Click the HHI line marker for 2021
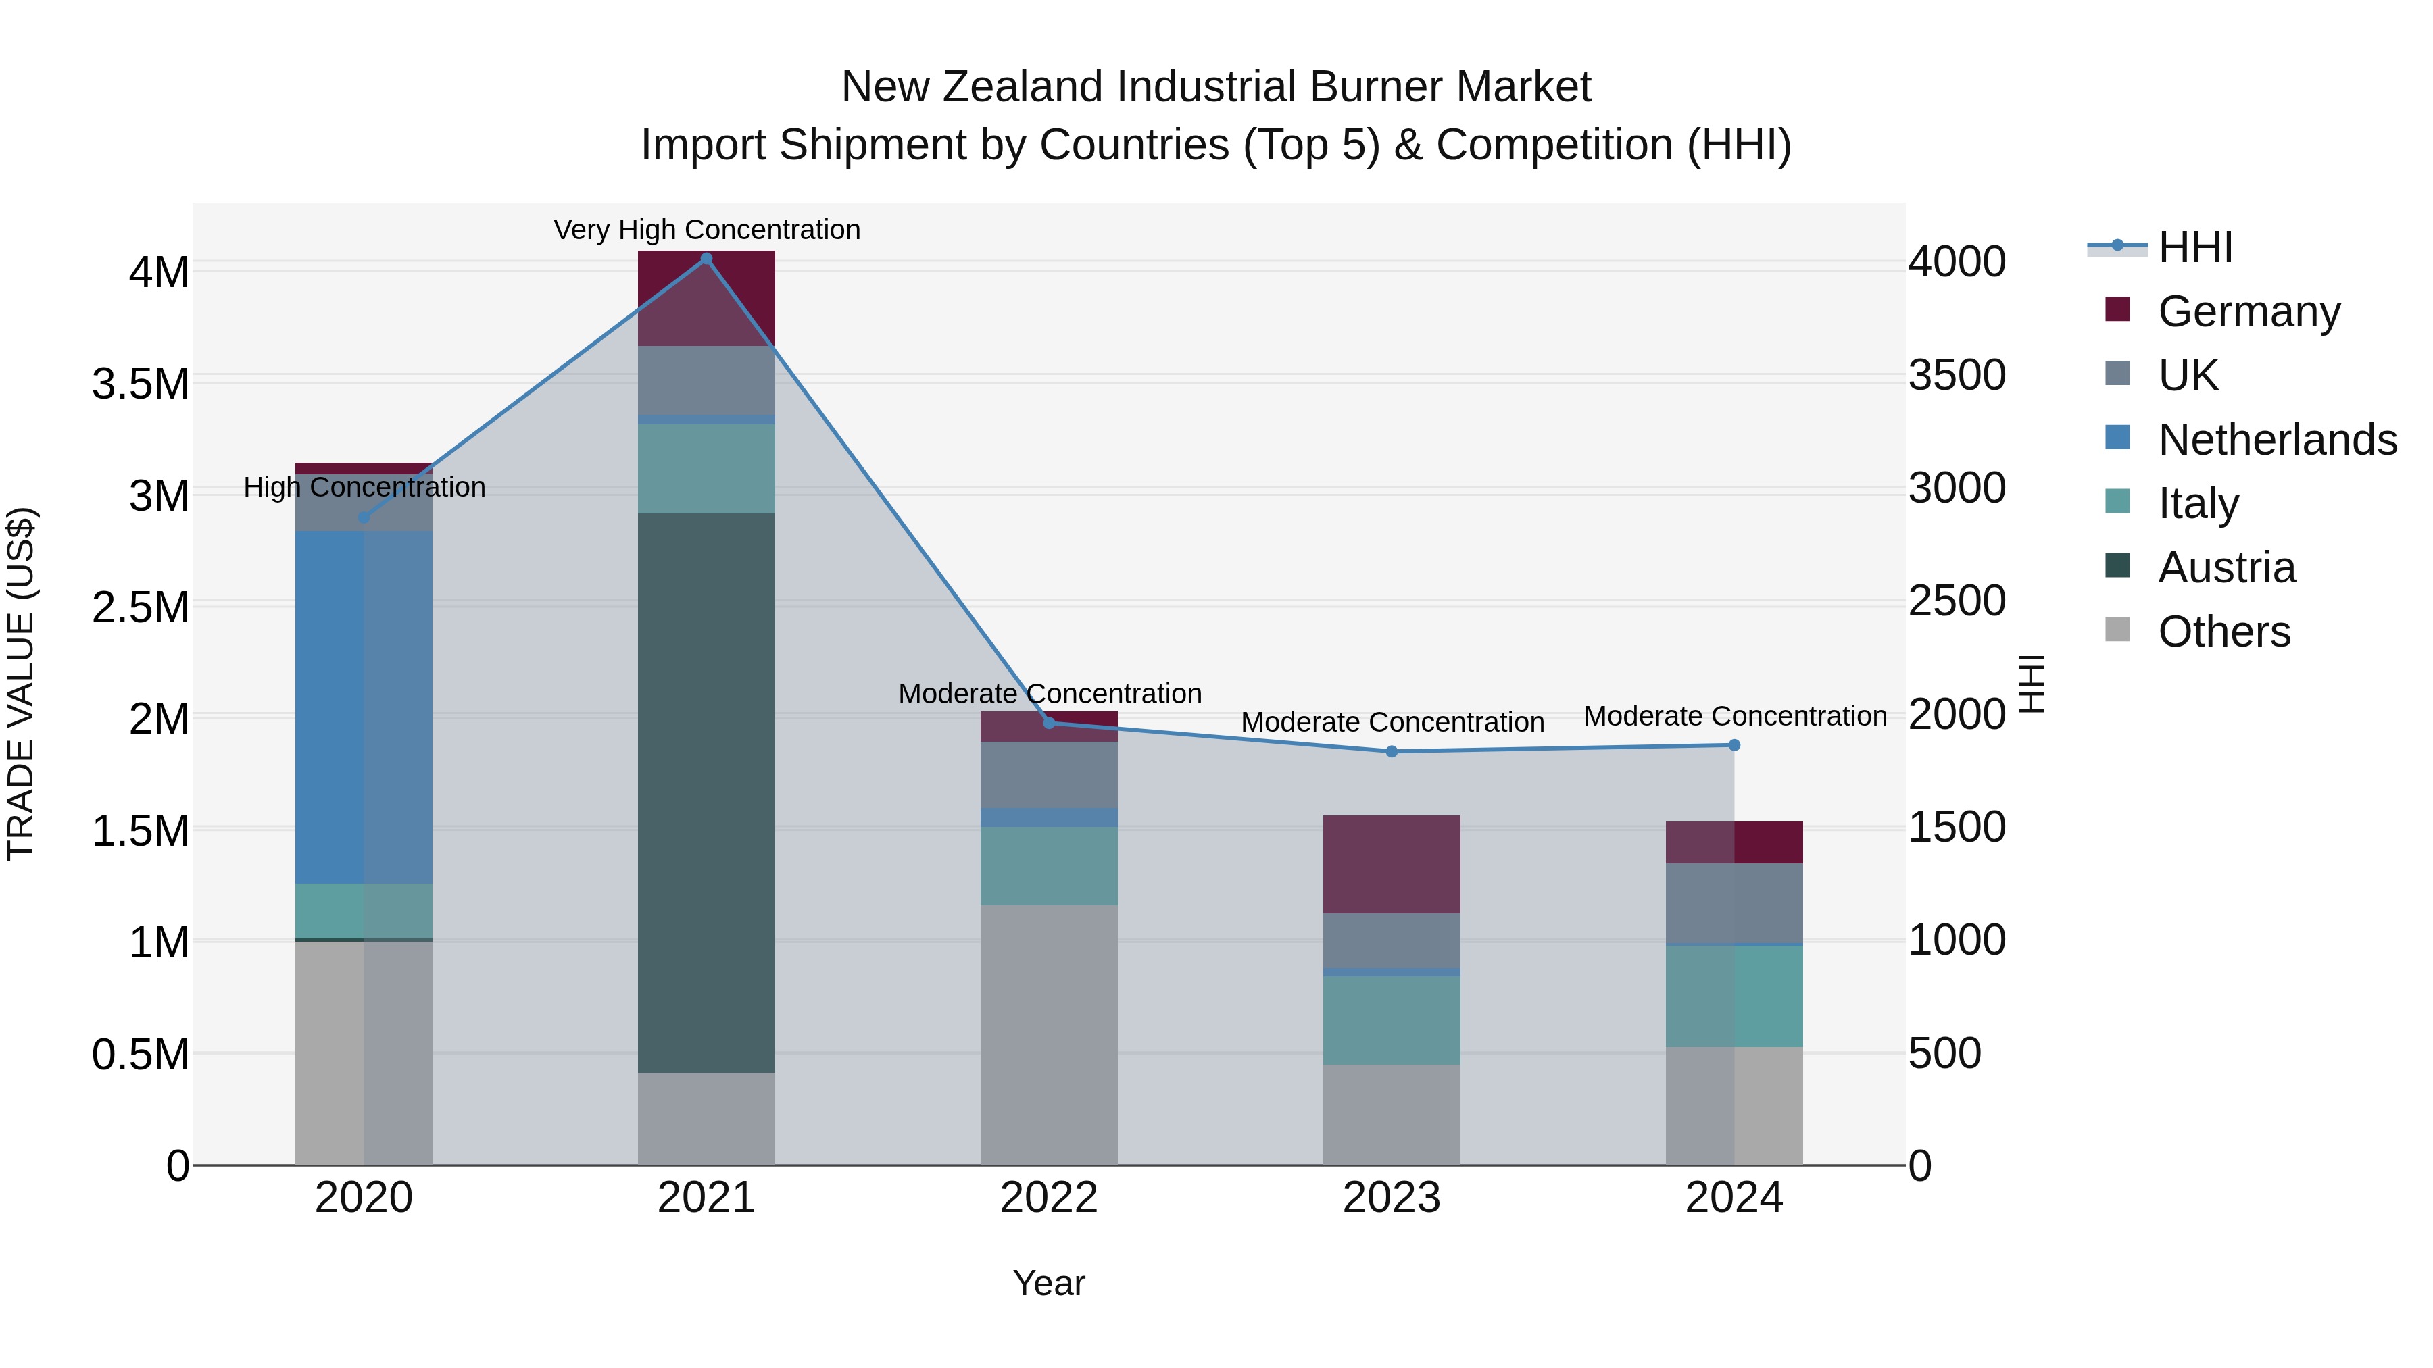coord(706,259)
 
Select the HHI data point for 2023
coord(1392,751)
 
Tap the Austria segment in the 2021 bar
coord(706,793)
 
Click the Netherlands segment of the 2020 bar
coord(364,708)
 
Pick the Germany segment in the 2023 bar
coord(1392,864)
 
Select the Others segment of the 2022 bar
coord(1048,1034)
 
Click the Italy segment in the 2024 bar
coord(1734,996)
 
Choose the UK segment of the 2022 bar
coord(1048,774)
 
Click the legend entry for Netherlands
coord(2276,440)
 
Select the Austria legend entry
coord(2226,567)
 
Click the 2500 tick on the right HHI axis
coord(1957,601)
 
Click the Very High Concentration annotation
coord(706,230)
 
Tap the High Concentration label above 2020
coord(364,487)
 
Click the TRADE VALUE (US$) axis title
coord(21,684)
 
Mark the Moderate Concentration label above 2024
coord(1735,717)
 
